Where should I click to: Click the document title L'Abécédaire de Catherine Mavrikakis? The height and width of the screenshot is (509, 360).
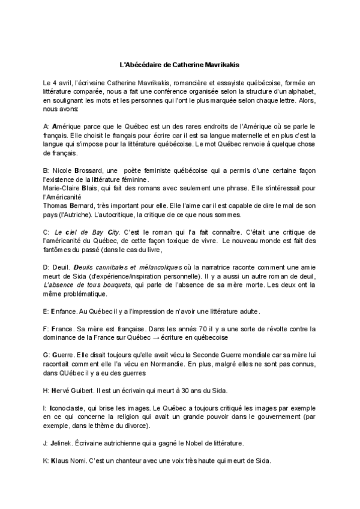[x=180, y=62]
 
